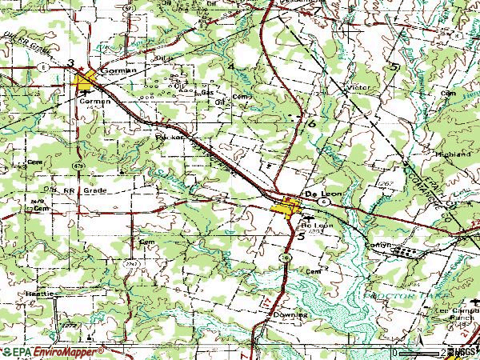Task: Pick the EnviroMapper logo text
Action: pyautogui.click(x=61, y=352)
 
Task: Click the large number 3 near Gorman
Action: pyautogui.click(x=71, y=63)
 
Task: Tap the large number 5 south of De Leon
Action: pyautogui.click(x=302, y=237)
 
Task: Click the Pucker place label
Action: pyautogui.click(x=170, y=137)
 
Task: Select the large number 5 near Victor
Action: pyautogui.click(x=395, y=66)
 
